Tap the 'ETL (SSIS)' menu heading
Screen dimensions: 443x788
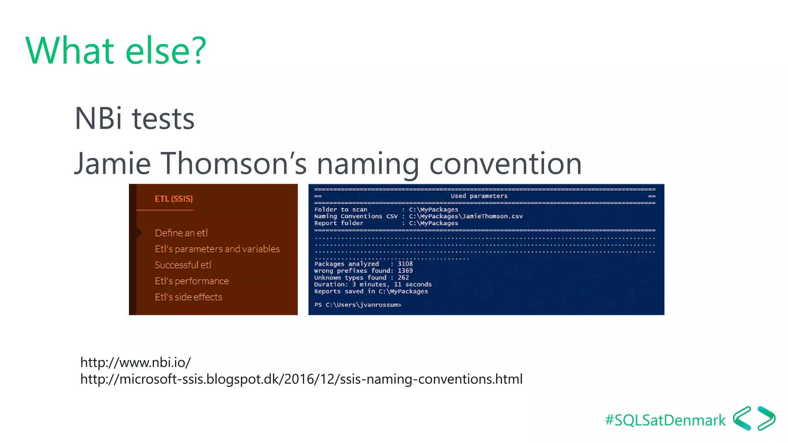(174, 199)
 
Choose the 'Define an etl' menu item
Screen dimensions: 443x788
(181, 233)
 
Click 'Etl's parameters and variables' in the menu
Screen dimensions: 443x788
(217, 249)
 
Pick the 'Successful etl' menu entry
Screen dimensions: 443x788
(183, 265)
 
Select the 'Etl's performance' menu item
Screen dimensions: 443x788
(192, 281)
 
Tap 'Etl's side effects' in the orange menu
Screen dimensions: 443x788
(189, 297)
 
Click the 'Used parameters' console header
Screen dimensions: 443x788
(479, 196)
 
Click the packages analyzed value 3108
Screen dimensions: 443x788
(405, 264)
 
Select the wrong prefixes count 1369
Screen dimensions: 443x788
(405, 271)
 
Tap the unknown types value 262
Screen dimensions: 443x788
(403, 278)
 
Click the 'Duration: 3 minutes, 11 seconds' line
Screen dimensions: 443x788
(372, 285)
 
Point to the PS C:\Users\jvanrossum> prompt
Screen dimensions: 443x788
(357, 305)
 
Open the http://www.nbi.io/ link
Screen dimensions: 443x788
(135, 362)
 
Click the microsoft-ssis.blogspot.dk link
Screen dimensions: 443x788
(301, 379)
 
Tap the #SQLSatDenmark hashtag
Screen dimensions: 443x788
(665, 420)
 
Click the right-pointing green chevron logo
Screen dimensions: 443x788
(766, 418)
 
